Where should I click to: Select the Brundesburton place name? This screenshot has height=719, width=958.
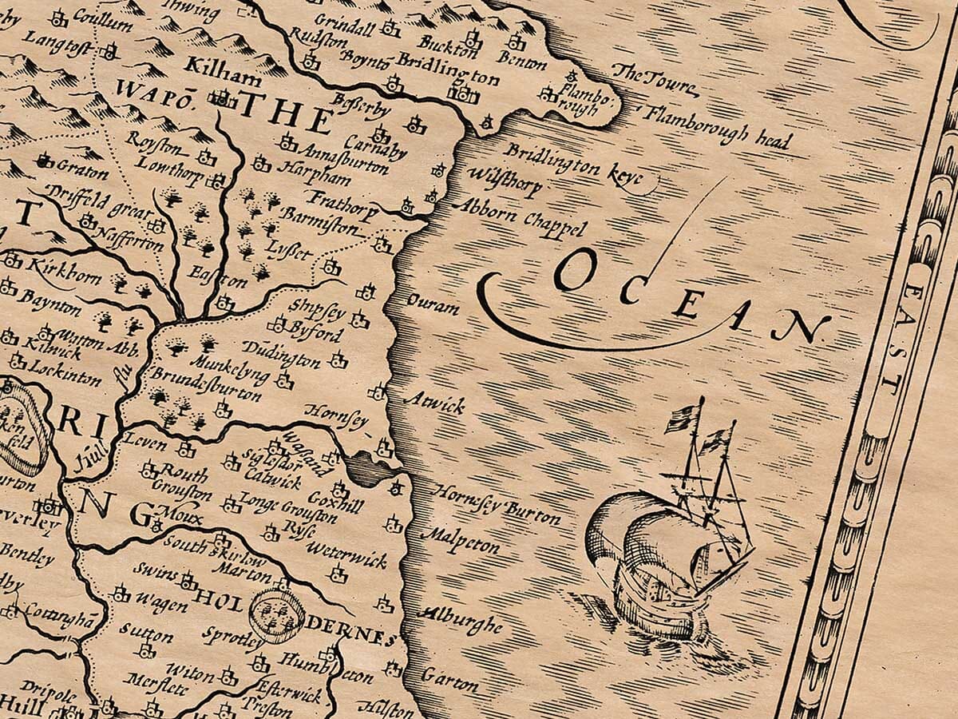point(205,383)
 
